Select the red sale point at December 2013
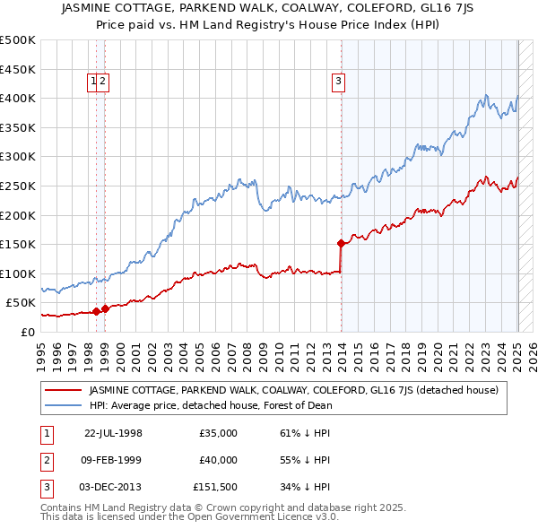[341, 243]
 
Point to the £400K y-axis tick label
[18, 98]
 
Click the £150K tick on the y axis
[18, 244]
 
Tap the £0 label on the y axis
[27, 332]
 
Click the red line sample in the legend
[63, 390]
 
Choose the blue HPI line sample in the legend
[63, 405]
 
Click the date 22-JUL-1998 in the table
[113, 433]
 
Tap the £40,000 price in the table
[218, 460]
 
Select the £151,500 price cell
[215, 487]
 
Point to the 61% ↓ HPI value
[305, 433]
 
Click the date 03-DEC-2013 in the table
[113, 487]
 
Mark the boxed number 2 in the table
[46, 460]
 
